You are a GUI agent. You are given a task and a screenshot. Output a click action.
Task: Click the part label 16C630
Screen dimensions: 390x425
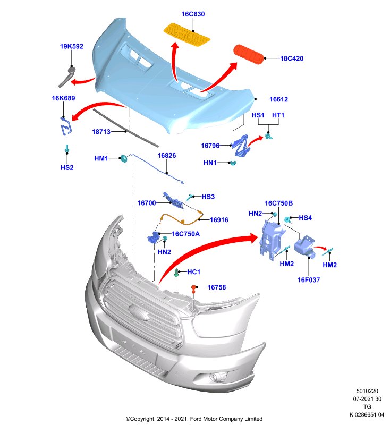click(x=193, y=14)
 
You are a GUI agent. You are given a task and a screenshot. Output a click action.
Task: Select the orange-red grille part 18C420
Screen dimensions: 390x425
click(x=248, y=54)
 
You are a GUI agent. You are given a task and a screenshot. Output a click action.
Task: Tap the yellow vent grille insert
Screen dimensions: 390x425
click(x=186, y=35)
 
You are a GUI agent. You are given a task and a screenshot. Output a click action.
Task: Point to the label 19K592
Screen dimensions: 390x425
click(x=72, y=46)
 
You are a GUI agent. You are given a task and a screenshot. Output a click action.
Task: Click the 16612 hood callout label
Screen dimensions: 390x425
click(x=278, y=99)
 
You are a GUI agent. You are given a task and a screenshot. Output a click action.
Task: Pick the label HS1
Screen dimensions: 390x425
click(x=258, y=115)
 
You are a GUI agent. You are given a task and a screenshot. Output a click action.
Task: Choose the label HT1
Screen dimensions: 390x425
click(x=278, y=115)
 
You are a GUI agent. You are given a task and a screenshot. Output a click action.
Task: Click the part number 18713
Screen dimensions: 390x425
click(x=101, y=132)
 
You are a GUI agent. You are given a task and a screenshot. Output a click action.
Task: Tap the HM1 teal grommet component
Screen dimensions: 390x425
click(x=123, y=158)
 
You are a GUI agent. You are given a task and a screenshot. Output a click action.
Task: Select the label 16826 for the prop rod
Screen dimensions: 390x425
click(x=167, y=156)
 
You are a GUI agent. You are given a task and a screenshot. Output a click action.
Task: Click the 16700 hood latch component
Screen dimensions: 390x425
click(x=174, y=201)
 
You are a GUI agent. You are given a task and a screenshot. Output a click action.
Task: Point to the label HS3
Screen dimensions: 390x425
click(x=208, y=197)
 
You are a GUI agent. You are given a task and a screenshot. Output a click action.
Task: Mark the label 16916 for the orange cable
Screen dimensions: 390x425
click(x=219, y=220)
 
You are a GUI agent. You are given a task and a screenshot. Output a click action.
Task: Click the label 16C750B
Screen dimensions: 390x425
click(x=278, y=203)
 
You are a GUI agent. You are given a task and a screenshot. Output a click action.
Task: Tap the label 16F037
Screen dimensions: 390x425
click(x=309, y=280)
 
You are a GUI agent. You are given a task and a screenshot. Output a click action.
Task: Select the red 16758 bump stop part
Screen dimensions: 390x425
click(x=193, y=289)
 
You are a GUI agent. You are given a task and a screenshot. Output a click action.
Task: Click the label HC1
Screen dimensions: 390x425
click(x=194, y=272)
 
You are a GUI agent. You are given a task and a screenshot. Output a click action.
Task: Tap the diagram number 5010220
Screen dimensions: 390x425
click(x=367, y=391)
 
